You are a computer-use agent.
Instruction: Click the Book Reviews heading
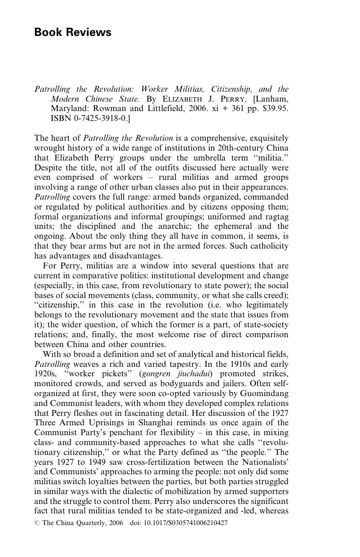pos(73,32)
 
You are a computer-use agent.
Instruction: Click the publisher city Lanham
pos(271,98)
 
